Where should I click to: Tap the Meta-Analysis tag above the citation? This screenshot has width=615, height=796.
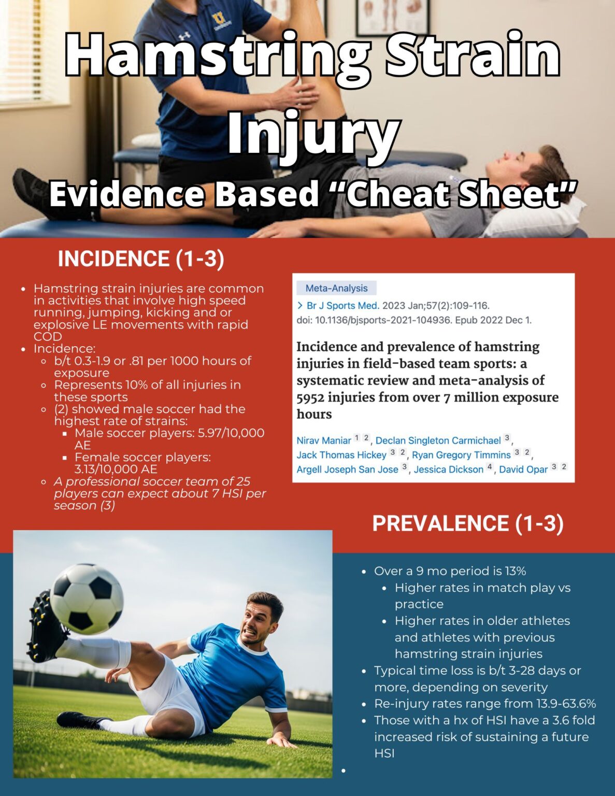coord(336,288)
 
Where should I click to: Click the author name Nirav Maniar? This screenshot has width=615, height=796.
coord(324,440)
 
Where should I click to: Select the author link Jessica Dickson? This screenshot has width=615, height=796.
coord(448,469)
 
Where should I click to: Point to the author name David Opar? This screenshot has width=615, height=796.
coord(523,469)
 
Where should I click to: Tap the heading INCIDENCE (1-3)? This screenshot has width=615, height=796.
coord(141,259)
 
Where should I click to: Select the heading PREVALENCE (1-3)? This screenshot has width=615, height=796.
coord(468,523)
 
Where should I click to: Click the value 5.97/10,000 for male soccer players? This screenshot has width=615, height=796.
coord(231,433)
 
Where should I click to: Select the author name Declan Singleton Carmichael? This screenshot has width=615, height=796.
coord(438,440)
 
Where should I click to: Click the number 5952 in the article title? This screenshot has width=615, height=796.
coord(310,397)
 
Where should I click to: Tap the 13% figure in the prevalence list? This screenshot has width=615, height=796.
coord(516,571)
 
